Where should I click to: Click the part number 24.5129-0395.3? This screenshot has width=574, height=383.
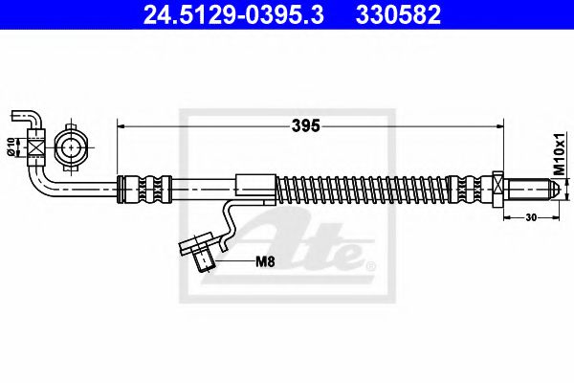(233, 14)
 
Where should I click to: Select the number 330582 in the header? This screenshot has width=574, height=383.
(398, 14)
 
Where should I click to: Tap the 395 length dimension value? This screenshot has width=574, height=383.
(306, 126)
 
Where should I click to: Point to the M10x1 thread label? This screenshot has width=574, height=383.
(559, 153)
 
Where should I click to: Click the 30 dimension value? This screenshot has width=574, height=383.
(531, 217)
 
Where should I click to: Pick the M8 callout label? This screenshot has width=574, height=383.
(265, 261)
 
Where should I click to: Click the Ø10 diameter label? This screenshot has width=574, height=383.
(11, 146)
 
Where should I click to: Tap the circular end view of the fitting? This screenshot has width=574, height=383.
(71, 148)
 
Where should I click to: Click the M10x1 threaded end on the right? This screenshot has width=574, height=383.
(532, 190)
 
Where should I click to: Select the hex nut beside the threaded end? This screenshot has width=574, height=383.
(497, 190)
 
